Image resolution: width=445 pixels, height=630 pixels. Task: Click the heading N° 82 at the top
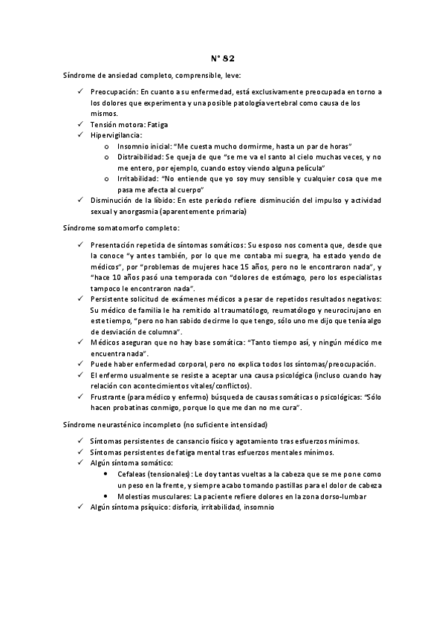pos(221,58)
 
